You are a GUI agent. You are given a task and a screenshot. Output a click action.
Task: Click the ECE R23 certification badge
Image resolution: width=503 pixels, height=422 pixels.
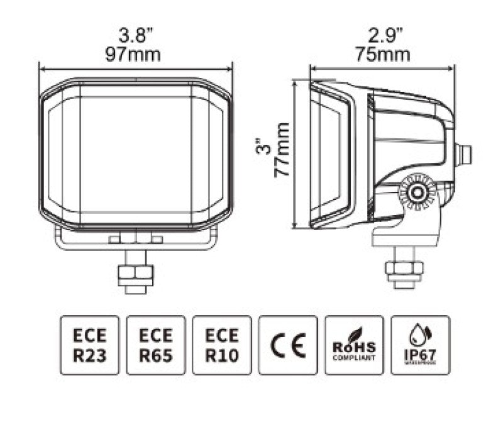point(90,345)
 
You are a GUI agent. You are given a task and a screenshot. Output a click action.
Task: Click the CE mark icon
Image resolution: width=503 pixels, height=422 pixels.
point(288,345)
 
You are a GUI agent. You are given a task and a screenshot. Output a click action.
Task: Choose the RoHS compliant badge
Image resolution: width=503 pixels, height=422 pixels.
point(354,345)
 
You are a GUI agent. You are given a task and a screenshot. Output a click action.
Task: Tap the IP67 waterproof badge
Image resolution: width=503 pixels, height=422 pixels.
point(420,345)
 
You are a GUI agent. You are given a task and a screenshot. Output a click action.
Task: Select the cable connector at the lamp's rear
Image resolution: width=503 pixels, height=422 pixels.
point(464,152)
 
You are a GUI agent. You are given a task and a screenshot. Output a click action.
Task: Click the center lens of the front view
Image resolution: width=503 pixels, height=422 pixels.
point(136,154)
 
